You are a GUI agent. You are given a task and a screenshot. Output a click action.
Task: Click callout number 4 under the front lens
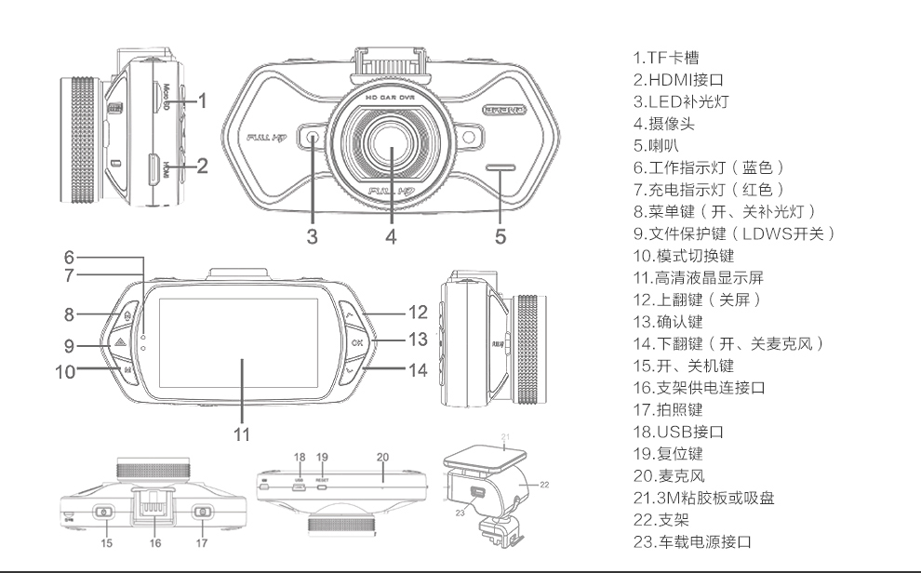(391, 236)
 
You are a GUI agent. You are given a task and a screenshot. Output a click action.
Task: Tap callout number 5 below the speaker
(501, 236)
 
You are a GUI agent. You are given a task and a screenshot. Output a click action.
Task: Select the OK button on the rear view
(357, 342)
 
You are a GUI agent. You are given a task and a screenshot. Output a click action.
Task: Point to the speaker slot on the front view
(500, 169)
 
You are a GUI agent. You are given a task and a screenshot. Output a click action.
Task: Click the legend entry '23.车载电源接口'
(691, 542)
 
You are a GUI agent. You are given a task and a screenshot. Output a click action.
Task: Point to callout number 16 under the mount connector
(155, 542)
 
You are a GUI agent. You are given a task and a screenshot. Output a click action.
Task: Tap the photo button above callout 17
(202, 512)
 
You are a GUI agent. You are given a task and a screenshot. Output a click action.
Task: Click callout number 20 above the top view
(382, 458)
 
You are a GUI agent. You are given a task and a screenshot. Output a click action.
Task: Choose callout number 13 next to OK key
(418, 340)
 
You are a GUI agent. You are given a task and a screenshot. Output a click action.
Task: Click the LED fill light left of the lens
(312, 139)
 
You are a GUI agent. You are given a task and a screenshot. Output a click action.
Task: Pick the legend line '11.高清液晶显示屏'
(698, 277)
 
